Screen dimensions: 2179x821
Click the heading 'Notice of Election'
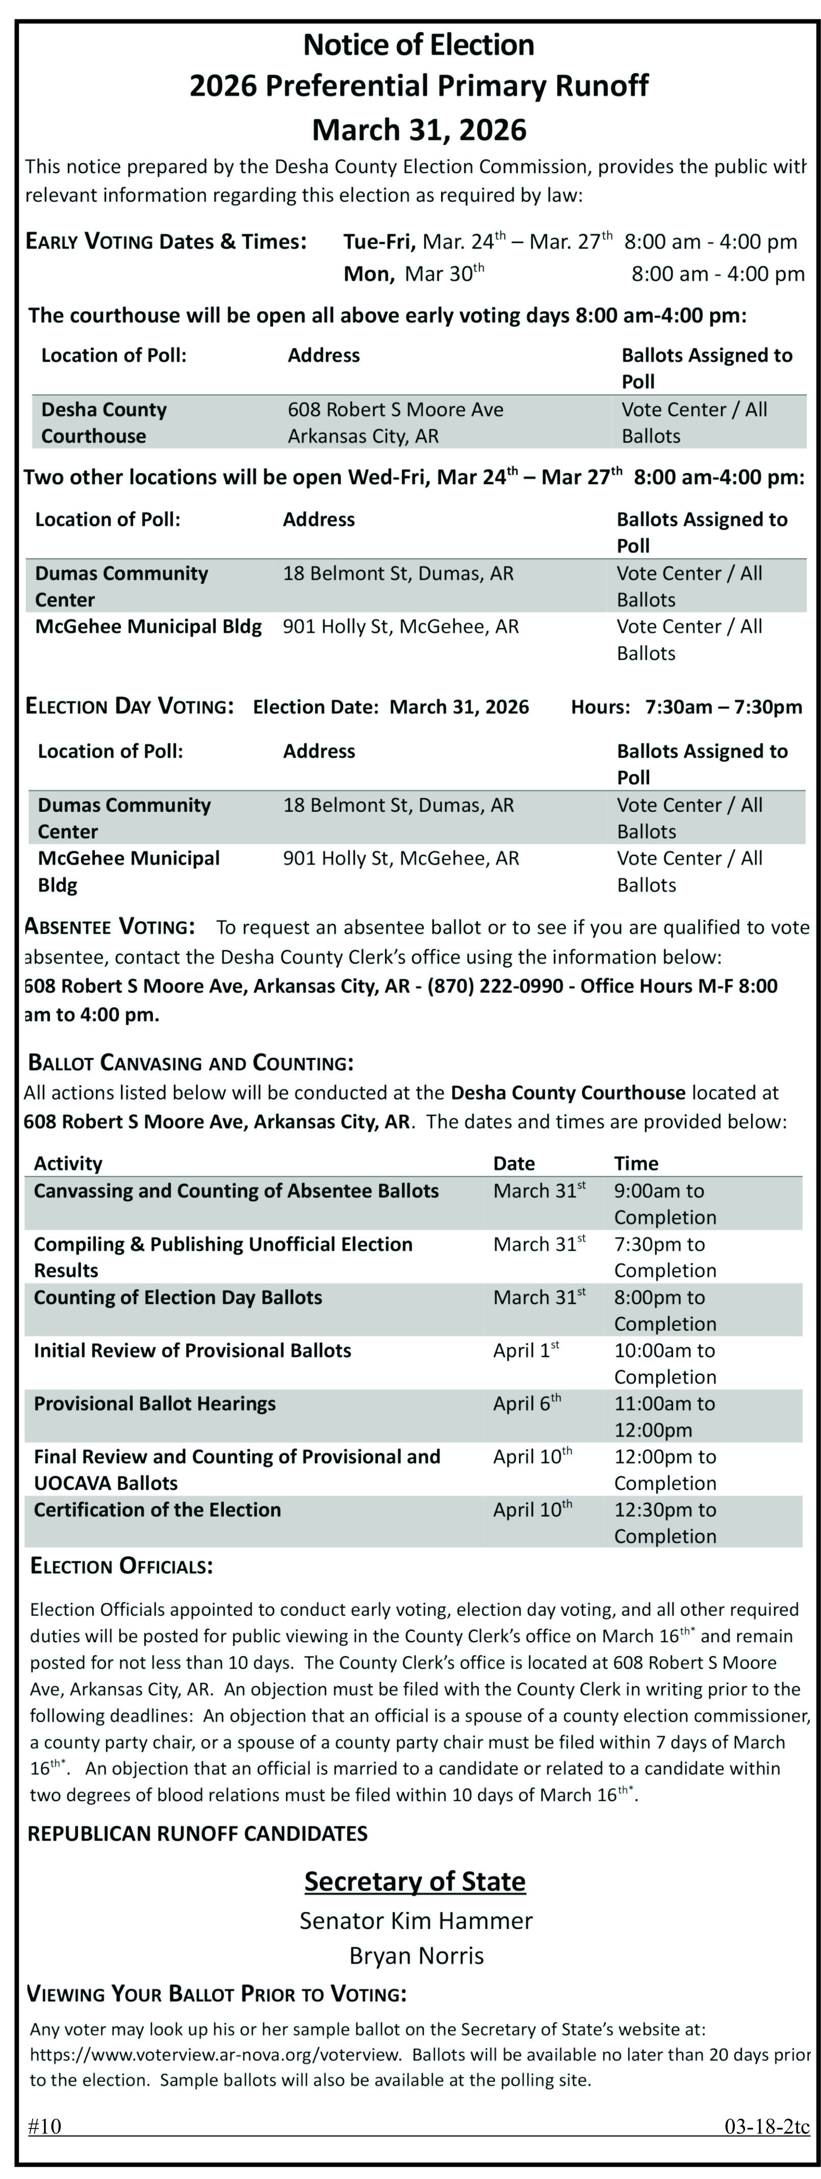[x=419, y=45]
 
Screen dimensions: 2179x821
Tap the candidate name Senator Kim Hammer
[x=416, y=1920]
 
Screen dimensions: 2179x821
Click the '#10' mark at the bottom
[x=45, y=2126]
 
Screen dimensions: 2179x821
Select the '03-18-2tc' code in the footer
[x=766, y=2126]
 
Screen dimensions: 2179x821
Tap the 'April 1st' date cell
[x=526, y=1350]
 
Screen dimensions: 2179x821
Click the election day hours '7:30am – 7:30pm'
[x=723, y=707]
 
